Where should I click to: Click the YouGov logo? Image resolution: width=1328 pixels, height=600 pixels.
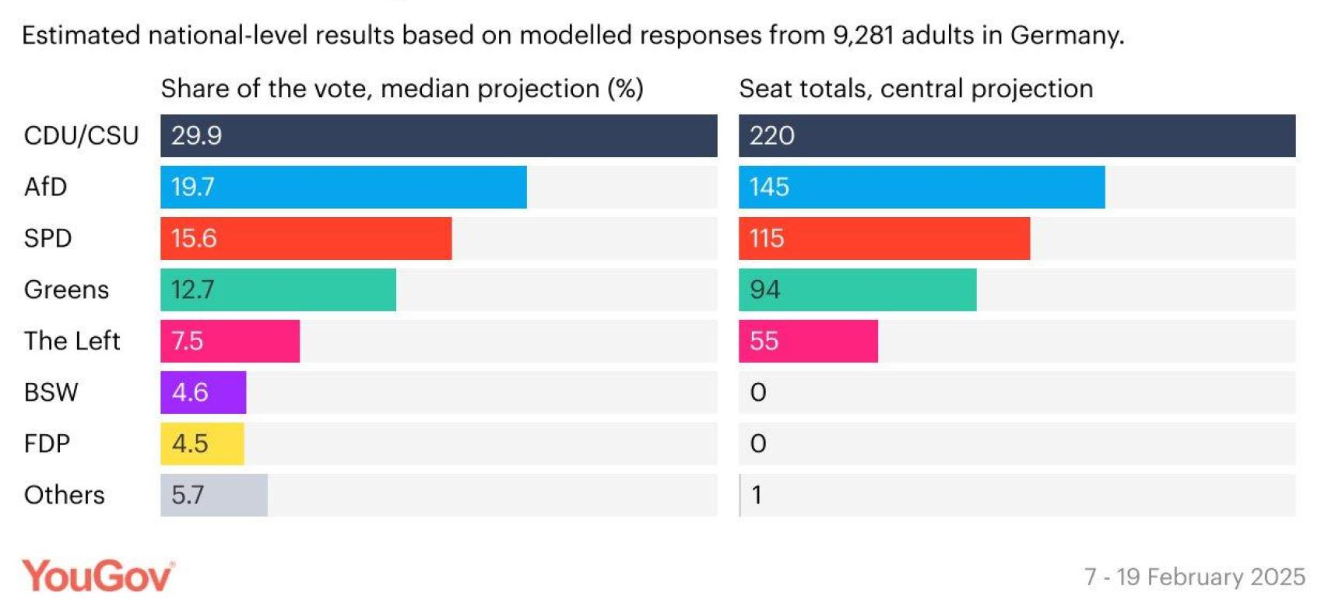[97, 576]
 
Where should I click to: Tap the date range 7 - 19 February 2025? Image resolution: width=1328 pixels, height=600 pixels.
[1194, 577]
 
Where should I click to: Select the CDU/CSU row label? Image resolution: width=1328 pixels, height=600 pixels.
[81, 135]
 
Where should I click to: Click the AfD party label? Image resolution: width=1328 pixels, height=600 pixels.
[45, 187]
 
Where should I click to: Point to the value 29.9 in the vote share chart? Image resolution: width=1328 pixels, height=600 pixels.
[196, 135]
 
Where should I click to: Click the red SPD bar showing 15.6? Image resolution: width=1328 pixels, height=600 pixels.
[305, 238]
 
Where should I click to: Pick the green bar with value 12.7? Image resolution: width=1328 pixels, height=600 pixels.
[278, 289]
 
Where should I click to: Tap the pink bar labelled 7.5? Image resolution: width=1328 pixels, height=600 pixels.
[230, 341]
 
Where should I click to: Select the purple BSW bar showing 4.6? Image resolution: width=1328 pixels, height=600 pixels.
[203, 392]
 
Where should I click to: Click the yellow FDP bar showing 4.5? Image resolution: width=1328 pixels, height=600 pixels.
[202, 444]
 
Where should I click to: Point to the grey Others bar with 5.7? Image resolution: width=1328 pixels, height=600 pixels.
[213, 495]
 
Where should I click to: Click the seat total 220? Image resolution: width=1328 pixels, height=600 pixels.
[771, 135]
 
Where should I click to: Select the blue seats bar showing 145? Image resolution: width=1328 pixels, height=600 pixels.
[921, 187]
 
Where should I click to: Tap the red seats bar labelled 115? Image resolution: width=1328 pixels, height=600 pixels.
[884, 238]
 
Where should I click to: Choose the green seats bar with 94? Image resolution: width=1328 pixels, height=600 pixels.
[857, 289]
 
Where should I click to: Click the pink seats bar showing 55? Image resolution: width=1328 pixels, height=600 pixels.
[808, 341]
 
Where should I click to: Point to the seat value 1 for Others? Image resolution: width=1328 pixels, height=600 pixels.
[756, 495]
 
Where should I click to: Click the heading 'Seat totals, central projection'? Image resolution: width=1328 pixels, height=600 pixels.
[915, 89]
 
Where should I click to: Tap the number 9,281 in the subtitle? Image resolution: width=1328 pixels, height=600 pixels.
[862, 35]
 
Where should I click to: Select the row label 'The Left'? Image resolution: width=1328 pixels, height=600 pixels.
[72, 341]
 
